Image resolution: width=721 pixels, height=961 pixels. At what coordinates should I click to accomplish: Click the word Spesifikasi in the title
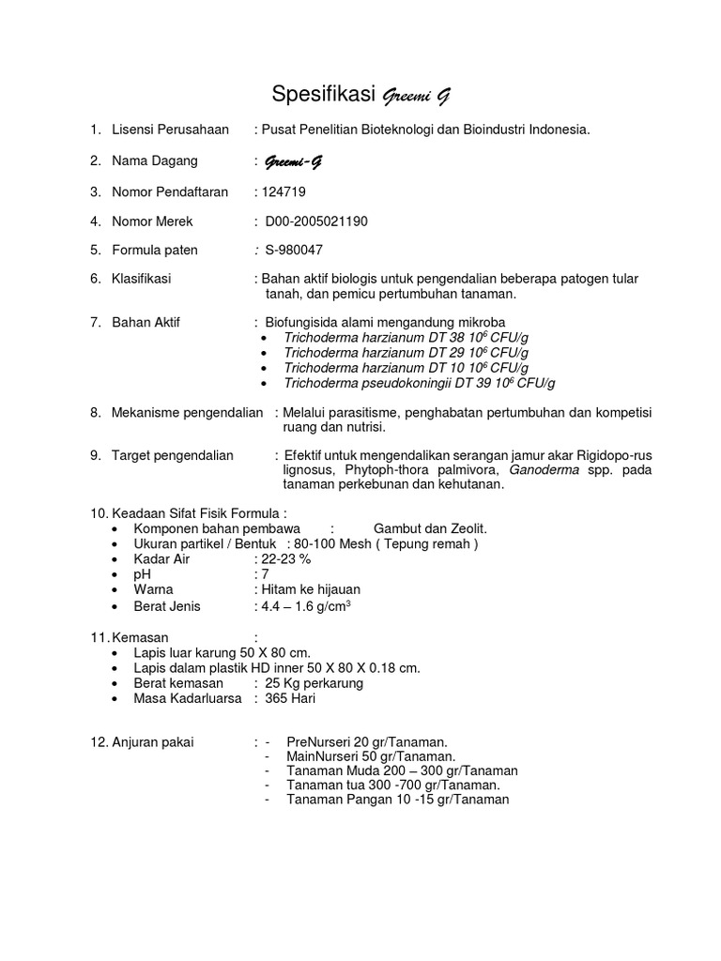322,94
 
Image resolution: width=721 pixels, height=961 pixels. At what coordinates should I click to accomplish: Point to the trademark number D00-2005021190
316,221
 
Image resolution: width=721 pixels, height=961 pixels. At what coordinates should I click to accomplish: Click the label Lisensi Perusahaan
170,130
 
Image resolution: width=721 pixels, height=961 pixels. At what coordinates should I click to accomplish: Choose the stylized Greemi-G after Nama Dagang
294,161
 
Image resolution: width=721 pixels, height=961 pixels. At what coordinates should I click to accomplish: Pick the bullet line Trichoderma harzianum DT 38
406,337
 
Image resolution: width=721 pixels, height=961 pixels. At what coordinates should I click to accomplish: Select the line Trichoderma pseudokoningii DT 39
420,383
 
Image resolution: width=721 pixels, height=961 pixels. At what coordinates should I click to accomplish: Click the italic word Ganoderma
545,470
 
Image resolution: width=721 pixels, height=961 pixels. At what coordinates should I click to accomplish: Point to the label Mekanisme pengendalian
187,412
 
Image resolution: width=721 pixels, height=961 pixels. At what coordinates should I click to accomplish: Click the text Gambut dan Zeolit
430,528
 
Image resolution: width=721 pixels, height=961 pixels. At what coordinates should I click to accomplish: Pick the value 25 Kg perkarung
314,683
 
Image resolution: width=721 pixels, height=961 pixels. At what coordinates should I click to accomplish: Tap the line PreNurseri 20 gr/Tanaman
367,741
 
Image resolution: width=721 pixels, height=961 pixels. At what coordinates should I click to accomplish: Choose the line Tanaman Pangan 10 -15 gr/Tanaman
397,800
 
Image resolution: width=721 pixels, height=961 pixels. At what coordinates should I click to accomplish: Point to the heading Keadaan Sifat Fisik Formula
198,512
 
